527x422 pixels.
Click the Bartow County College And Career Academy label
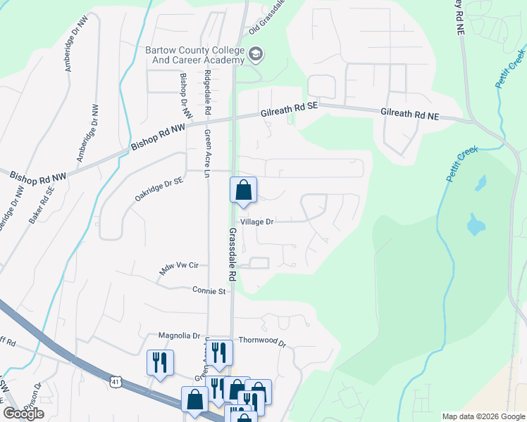click(x=195, y=55)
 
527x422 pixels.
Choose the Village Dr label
click(x=256, y=222)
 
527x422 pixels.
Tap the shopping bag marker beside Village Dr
click(x=243, y=190)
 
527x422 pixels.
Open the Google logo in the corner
click(x=23, y=413)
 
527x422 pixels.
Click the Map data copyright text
click(x=483, y=416)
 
